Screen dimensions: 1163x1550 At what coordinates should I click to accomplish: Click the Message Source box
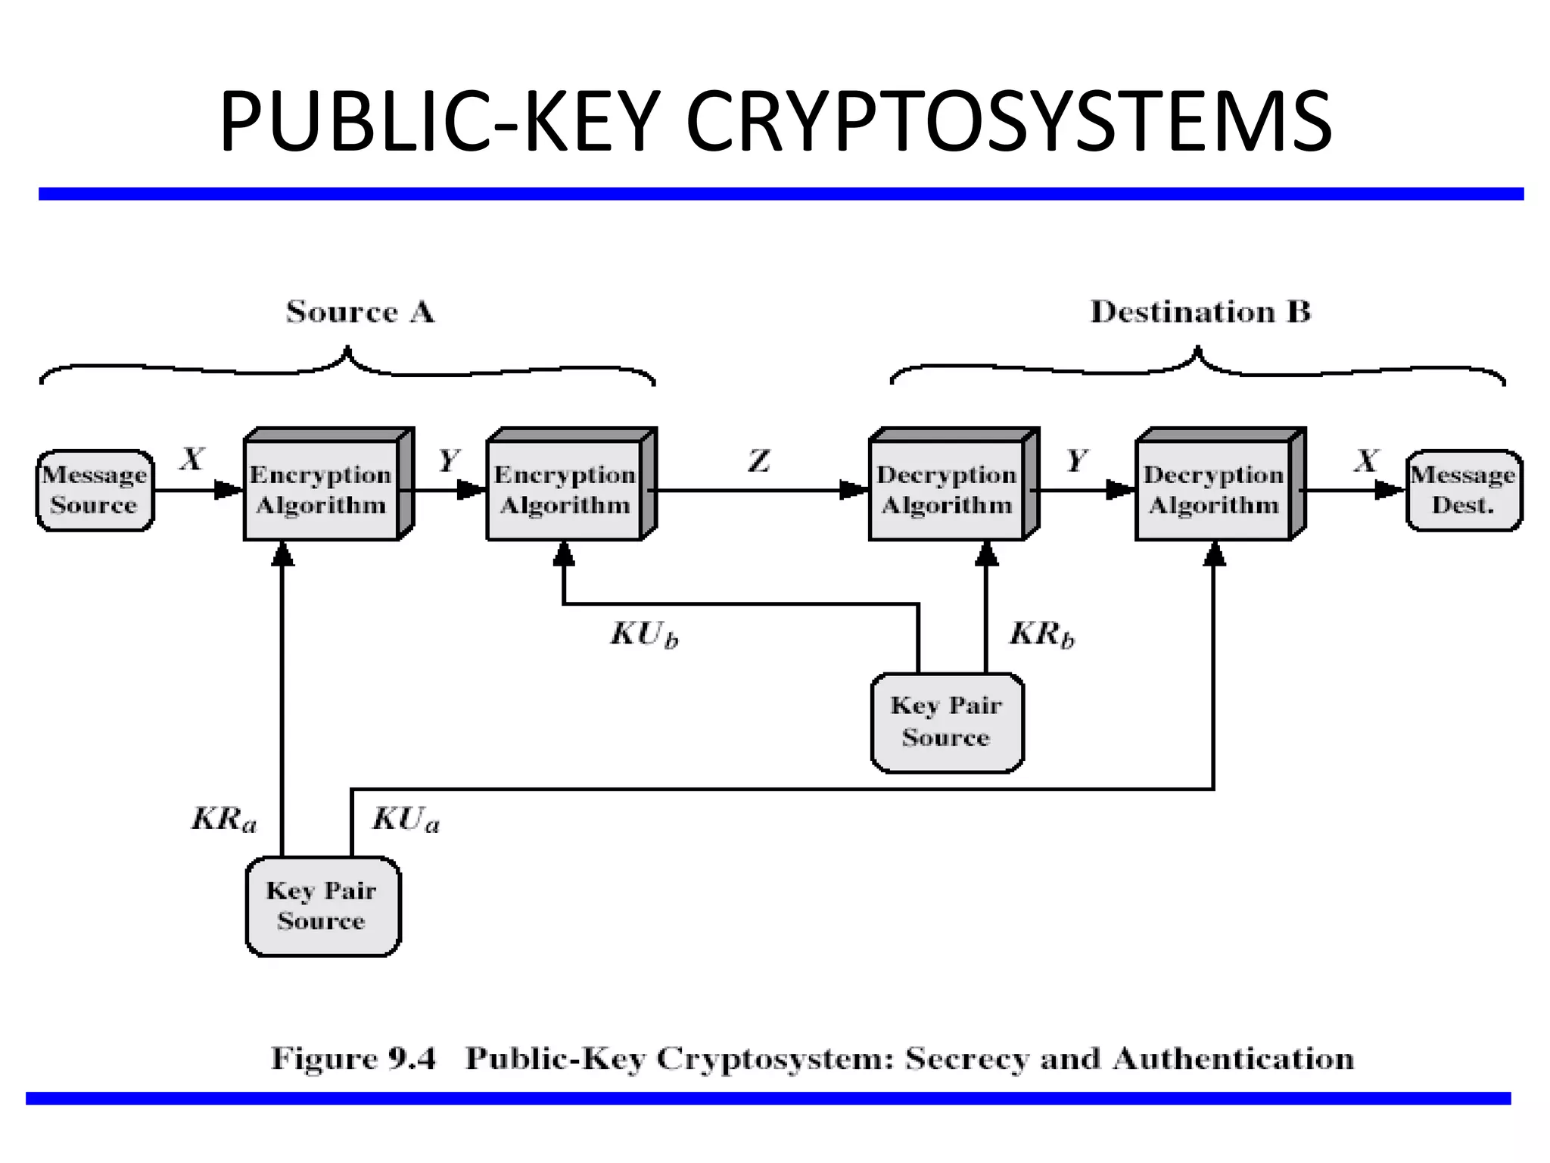click(95, 490)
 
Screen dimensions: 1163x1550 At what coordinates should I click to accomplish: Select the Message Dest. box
click(1463, 490)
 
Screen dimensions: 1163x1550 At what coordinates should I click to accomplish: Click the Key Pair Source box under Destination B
click(947, 722)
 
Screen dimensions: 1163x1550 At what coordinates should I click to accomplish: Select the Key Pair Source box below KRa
click(322, 906)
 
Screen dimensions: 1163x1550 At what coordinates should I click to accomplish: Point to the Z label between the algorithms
click(759, 460)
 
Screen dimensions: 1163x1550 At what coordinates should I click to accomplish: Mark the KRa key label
click(224, 818)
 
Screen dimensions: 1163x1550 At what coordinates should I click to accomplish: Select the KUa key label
click(406, 818)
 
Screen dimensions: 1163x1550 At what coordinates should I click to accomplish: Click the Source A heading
click(360, 312)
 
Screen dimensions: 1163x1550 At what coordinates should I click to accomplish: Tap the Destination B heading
click(1200, 312)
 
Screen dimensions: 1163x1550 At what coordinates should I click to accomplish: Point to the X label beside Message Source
click(192, 459)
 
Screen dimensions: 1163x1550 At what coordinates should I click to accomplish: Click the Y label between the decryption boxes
click(1076, 460)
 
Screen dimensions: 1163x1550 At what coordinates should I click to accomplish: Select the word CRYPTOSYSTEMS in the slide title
click(1008, 121)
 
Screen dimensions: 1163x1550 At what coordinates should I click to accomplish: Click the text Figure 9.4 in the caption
click(353, 1058)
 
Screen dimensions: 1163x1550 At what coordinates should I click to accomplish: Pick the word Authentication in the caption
click(1233, 1058)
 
